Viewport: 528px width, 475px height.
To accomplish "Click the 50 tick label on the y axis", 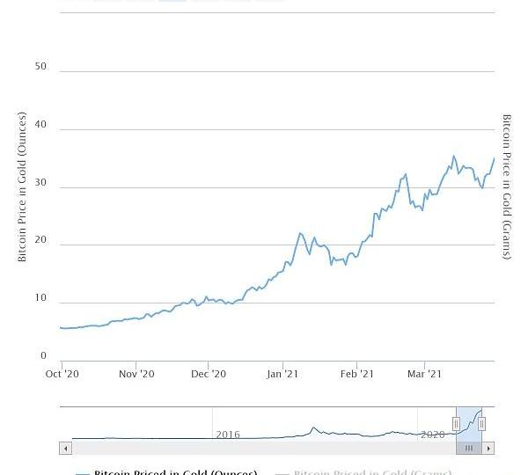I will (x=40, y=67).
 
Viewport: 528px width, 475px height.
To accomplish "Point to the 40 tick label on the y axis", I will (x=40, y=125).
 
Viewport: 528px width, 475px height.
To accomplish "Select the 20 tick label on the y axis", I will (x=40, y=240).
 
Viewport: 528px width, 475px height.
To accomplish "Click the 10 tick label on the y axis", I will (x=40, y=298).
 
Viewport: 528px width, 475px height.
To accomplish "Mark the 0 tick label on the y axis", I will (x=43, y=356).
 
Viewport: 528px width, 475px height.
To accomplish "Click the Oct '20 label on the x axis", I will (x=62, y=374).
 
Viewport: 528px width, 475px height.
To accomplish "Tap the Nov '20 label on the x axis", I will (x=136, y=374).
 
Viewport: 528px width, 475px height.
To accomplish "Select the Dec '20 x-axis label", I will (x=209, y=374).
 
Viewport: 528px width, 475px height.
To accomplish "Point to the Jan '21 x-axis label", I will (x=282, y=374).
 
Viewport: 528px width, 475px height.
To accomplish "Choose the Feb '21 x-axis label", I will (x=356, y=374).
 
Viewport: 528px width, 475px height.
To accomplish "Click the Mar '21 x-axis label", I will (x=425, y=374).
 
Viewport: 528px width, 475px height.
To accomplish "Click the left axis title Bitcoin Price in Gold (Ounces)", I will (x=22, y=186).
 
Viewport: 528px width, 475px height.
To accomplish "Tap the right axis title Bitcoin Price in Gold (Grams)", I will (x=507, y=186).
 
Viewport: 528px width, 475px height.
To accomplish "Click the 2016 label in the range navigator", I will (x=228, y=435).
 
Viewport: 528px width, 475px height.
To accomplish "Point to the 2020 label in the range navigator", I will (x=433, y=435).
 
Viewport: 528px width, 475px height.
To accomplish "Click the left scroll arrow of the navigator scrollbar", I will (x=65, y=449).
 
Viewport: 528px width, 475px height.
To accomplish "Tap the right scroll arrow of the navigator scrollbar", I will (x=489, y=449).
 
